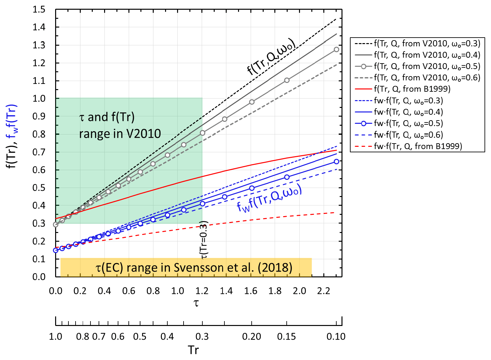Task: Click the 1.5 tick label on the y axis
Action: pos(39,9)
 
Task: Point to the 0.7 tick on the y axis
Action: pos(39,152)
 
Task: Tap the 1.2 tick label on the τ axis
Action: pos(202,291)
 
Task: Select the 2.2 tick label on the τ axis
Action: pos(324,291)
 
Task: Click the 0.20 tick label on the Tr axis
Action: pos(252,337)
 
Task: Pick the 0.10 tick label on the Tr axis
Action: pos(336,337)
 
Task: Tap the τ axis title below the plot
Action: pos(196,303)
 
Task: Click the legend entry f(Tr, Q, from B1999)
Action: pos(412,89)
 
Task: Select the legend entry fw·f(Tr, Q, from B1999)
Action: pos(418,146)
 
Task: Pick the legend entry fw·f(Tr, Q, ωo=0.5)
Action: pos(408,123)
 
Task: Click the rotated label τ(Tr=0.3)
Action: pos(205,240)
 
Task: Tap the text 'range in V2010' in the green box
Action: pos(120,134)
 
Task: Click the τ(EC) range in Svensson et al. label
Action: pos(194,268)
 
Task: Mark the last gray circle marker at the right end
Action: pos(336,50)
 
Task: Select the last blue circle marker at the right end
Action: pos(336,161)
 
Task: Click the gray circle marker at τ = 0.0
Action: pos(56,225)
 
